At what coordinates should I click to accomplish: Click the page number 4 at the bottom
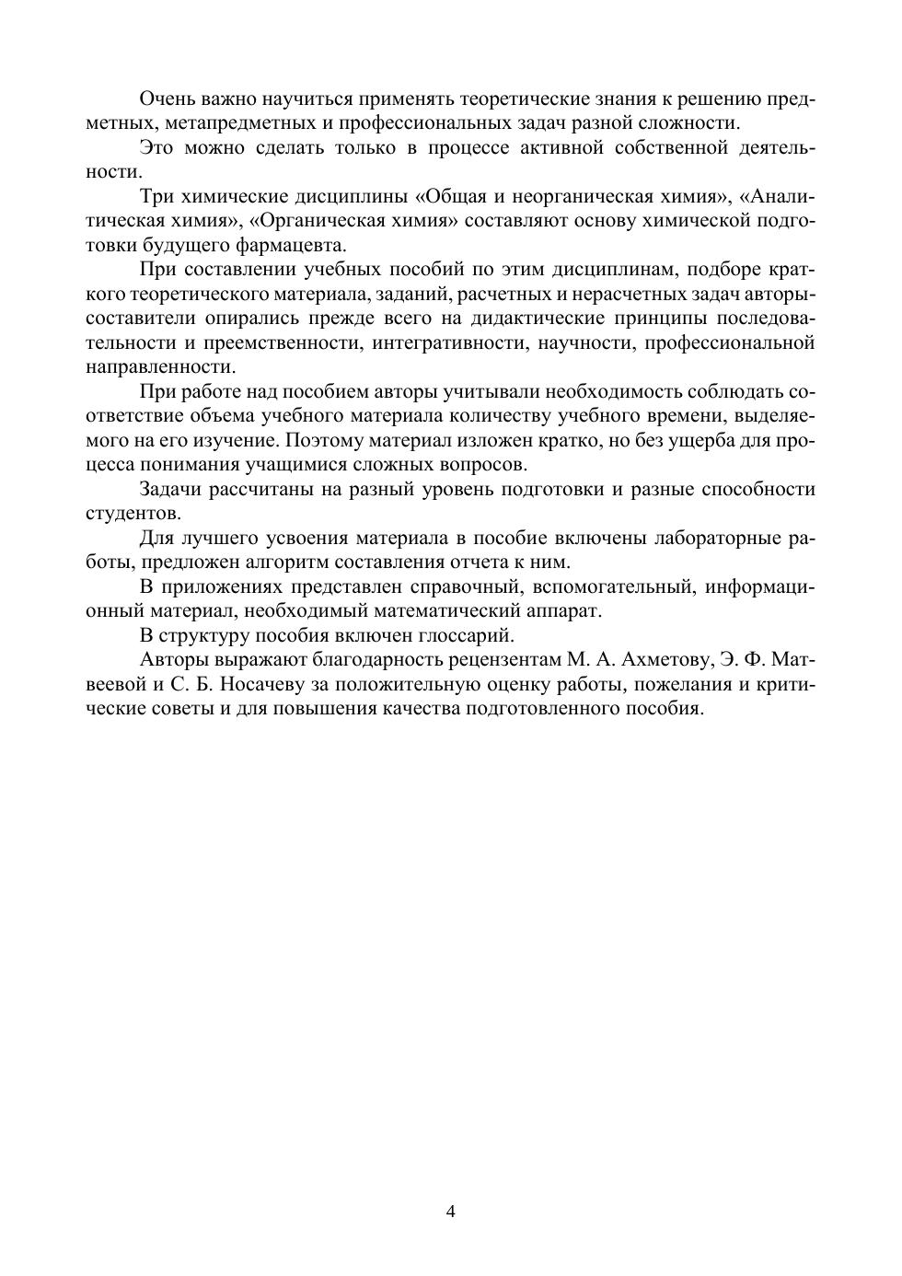451,1211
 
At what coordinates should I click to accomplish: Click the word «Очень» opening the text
167,99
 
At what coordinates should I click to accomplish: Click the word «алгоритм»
281,562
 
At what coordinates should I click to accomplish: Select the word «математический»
456,610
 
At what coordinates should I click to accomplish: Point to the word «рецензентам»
485,659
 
